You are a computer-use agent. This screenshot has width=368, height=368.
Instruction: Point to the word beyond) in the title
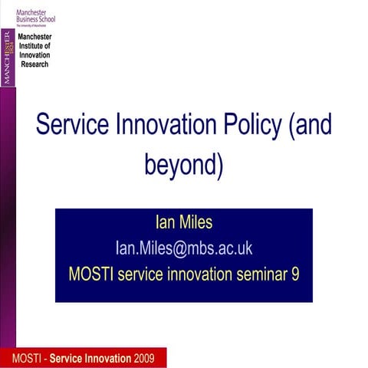pos(184,164)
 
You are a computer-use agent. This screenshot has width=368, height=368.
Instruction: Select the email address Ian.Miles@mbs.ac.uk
pos(184,248)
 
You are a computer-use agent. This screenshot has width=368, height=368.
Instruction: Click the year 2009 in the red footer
pos(149,358)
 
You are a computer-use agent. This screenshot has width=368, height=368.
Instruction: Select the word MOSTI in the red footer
pos(28,358)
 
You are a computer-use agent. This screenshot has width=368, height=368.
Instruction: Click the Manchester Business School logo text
pos(35,14)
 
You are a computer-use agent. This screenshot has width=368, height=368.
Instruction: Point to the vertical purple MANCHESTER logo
pos(8,58)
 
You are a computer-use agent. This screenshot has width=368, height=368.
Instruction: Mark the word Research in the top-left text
pos(34,64)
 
